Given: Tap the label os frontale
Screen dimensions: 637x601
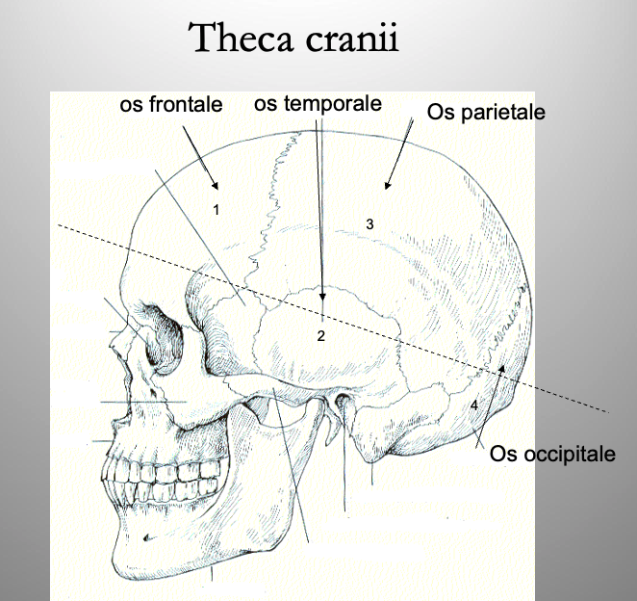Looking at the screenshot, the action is [x=171, y=104].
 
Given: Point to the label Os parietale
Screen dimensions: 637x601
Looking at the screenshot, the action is [x=487, y=112].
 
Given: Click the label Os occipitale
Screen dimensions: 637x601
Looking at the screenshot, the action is [x=552, y=453].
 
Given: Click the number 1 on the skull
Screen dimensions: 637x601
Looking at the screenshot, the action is [x=217, y=209].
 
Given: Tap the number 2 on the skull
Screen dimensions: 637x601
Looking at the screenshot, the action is [x=321, y=336].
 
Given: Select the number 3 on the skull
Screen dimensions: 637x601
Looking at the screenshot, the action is [x=369, y=223].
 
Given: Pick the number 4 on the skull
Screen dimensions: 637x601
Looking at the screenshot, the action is [x=474, y=405].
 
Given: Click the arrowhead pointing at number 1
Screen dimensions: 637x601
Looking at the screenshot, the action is [x=217, y=186].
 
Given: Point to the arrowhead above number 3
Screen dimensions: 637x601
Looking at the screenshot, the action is [x=386, y=185].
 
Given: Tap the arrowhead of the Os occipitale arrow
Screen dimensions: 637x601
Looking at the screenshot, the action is [x=500, y=367].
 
